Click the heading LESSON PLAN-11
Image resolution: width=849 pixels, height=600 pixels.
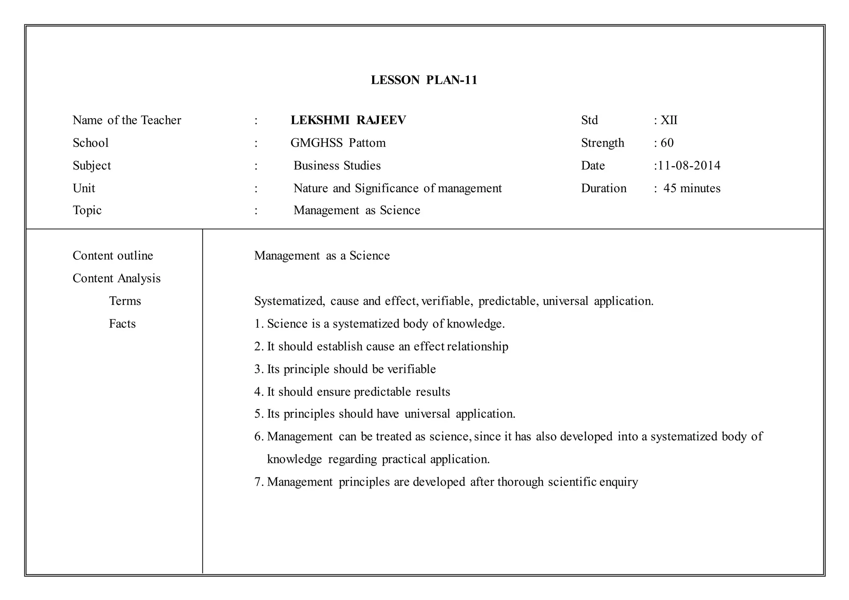pos(424,80)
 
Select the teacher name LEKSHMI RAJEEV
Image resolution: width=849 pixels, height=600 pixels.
pos(348,120)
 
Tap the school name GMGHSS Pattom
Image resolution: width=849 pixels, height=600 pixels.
pos(338,143)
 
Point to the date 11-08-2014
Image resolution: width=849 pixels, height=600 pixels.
pos(689,166)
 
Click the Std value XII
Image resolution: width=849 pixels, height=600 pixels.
pos(669,120)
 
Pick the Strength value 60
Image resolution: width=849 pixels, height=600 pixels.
pos(667,143)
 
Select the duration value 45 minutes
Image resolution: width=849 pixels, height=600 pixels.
pos(692,189)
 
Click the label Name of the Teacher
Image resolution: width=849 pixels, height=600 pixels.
pos(127,120)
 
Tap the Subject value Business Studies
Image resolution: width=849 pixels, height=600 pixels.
pos(337,166)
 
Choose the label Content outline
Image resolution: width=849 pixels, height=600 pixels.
pos(113,256)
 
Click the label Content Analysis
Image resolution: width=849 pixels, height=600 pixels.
pos(116,278)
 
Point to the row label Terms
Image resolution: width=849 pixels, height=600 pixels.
pos(125,301)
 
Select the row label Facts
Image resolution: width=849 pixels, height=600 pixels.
pos(122,324)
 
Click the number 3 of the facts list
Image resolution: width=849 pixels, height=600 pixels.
pos(257,369)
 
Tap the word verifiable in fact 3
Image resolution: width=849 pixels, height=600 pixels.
pos(411,369)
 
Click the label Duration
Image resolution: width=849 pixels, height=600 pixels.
pos(604,189)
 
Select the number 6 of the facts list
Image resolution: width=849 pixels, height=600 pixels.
pos(257,437)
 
